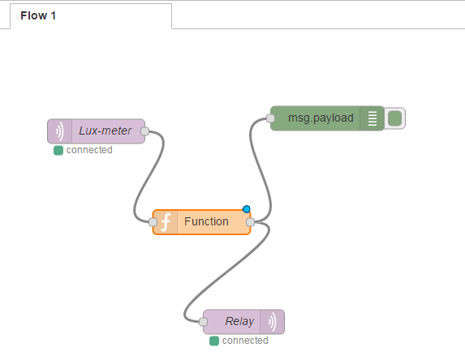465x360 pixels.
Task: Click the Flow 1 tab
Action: click(91, 16)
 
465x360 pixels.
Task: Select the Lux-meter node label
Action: click(105, 131)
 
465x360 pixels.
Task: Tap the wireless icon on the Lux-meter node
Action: click(60, 131)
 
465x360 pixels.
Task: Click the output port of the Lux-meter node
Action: click(144, 131)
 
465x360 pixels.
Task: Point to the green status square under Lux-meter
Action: click(58, 151)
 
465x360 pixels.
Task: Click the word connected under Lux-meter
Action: click(89, 150)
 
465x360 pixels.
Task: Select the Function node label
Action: click(206, 221)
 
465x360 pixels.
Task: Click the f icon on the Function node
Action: click(166, 222)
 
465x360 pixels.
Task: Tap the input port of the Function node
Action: click(153, 222)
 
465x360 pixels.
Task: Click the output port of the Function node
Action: click(250, 222)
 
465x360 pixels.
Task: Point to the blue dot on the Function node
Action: click(246, 209)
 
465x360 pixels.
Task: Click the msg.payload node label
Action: click(321, 118)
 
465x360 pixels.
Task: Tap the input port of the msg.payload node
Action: click(270, 118)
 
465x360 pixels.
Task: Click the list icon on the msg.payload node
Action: click(372, 118)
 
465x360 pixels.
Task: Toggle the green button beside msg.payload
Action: click(394, 118)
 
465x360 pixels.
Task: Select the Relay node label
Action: click(239, 321)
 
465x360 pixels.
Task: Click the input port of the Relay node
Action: click(203, 321)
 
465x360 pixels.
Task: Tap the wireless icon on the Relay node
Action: click(272, 322)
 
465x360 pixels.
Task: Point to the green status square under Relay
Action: click(214, 341)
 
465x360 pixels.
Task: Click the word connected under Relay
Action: click(245, 341)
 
